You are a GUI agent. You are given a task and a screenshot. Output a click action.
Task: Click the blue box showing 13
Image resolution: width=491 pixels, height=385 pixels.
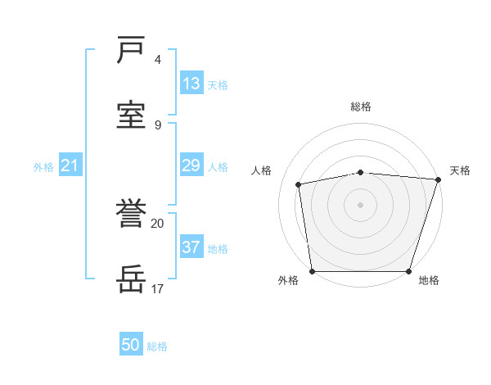point(191,84)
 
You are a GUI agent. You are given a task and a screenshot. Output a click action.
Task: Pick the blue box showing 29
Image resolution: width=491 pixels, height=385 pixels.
point(191,166)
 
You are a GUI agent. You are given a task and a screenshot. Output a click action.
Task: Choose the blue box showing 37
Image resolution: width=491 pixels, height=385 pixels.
point(191,247)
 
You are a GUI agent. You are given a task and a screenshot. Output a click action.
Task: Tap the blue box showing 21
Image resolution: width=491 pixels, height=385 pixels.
point(70,166)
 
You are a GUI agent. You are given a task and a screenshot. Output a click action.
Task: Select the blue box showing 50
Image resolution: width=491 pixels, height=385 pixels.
point(131,345)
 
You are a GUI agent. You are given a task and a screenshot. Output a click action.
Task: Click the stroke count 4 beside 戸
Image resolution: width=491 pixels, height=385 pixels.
point(158,60)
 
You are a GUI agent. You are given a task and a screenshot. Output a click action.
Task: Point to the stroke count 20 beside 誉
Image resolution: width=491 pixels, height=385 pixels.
point(157,223)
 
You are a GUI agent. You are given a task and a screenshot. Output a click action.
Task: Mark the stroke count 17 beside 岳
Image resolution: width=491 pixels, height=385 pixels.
point(157,289)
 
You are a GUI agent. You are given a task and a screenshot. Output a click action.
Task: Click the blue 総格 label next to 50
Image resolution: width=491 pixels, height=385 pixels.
point(158,346)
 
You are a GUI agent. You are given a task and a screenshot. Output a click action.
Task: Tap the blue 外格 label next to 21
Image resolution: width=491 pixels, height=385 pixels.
point(43,167)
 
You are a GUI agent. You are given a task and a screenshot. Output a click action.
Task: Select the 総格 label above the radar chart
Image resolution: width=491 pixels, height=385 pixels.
point(361,106)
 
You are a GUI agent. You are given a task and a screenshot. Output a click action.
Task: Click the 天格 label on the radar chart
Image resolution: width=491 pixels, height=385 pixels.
point(460,170)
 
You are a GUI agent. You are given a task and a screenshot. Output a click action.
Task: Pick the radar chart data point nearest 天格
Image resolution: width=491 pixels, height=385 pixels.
point(438,180)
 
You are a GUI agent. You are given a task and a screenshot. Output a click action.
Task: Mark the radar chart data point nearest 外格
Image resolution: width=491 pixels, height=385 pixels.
point(313,271)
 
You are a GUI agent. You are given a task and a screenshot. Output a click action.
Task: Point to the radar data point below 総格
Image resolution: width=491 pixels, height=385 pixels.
point(361,172)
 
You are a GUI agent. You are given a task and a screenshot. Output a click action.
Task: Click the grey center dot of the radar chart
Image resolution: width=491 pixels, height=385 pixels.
point(361,205)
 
